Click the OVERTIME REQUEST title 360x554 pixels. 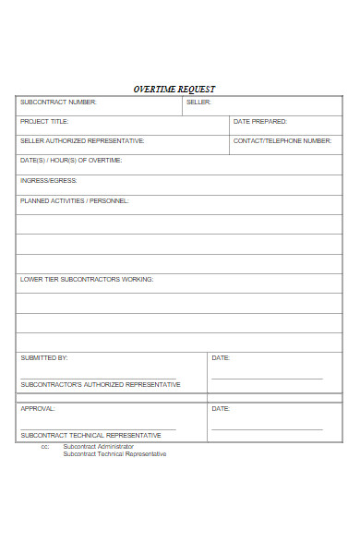[x=174, y=89]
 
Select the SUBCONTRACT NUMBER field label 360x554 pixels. [x=58, y=102]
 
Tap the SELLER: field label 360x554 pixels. [x=198, y=102]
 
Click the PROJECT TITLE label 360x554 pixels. [x=44, y=121]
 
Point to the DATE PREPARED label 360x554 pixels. [x=260, y=121]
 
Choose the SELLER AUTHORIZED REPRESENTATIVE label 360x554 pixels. [x=82, y=140]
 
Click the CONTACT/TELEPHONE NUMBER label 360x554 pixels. [x=282, y=140]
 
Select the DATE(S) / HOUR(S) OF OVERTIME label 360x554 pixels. [x=71, y=160]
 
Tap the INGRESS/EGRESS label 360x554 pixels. [x=49, y=180]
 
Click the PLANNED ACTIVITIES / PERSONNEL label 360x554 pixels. [x=75, y=199]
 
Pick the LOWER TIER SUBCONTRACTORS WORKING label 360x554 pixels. [x=87, y=278]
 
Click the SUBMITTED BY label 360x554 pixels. [x=44, y=357]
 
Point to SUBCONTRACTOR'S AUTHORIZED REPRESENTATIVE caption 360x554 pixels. [x=101, y=384]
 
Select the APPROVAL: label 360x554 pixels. [x=38, y=408]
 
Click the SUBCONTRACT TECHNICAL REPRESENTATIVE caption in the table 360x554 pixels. [x=90, y=435]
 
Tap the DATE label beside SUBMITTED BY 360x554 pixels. [x=221, y=357]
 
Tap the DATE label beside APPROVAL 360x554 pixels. [x=221, y=408]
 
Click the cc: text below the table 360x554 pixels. [x=44, y=447]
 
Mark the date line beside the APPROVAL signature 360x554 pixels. [x=267, y=429]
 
